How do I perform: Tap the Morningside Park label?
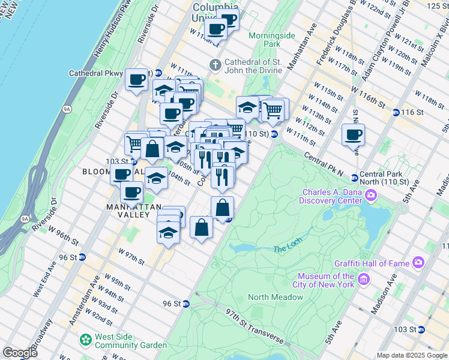pyautogui.click(x=272, y=40)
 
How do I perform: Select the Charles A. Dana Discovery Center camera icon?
pyautogui.click(x=371, y=195)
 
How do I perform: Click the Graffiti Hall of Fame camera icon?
pyautogui.click(x=418, y=263)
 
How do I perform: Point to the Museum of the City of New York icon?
pyautogui.click(x=363, y=280)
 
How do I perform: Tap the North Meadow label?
pyautogui.click(x=275, y=297)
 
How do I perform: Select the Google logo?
pyautogui.click(x=20, y=352)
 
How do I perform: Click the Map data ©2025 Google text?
pyautogui.click(x=412, y=355)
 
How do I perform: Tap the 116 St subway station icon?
pyautogui.click(x=396, y=112)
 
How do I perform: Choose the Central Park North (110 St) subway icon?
pyautogui.click(x=355, y=178)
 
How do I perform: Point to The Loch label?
pyautogui.click(x=285, y=249)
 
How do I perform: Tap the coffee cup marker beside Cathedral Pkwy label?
pyautogui.click(x=137, y=79)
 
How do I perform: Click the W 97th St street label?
pyautogui.click(x=131, y=257)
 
